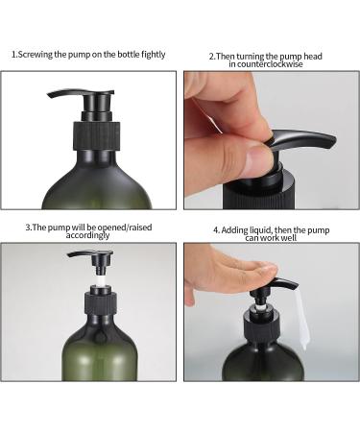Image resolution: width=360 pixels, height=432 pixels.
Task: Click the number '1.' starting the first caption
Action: point(14,55)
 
